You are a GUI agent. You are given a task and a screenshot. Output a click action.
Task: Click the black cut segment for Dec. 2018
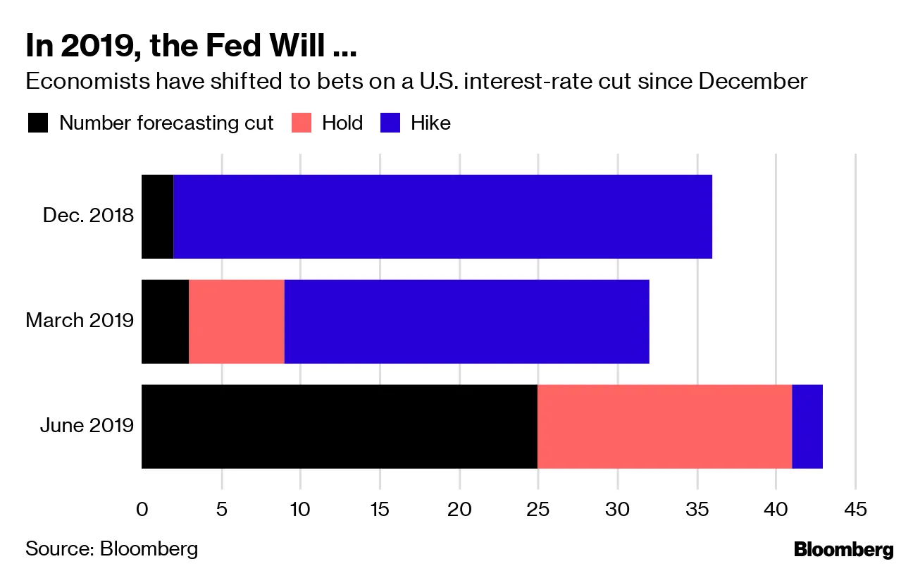pos(157,216)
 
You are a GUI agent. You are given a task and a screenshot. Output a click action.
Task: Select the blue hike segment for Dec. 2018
pos(442,216)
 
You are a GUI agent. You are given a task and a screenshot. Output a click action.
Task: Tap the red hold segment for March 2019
pos(237,321)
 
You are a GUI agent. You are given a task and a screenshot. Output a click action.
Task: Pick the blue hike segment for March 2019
pos(466,321)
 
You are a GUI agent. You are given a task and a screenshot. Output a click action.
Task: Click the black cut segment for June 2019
pos(340,426)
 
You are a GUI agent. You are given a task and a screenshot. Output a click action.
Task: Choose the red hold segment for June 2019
pos(664,426)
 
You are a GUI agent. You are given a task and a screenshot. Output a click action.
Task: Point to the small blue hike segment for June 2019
pos(807,426)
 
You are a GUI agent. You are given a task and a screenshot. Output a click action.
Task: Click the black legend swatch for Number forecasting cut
pos(38,123)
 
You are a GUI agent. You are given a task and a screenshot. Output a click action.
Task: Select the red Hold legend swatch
pos(302,123)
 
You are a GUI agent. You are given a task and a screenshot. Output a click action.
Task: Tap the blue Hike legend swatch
pos(390,123)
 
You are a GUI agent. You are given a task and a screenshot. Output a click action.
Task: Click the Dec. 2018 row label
pos(88,215)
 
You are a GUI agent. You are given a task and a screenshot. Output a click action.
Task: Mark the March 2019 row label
pos(80,321)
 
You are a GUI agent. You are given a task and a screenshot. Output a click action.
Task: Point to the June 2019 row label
pos(87,426)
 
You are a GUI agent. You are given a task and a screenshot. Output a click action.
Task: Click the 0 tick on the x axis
pos(142,509)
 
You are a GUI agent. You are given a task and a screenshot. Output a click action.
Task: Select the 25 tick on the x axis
pos(538,509)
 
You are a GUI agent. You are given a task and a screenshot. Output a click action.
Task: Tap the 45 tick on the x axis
pos(855,509)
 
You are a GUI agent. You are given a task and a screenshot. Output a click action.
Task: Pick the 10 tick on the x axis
pos(300,509)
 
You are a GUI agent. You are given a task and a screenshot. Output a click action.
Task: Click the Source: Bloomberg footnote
pos(111,548)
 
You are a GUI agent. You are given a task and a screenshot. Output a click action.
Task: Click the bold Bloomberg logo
pos(843,549)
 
